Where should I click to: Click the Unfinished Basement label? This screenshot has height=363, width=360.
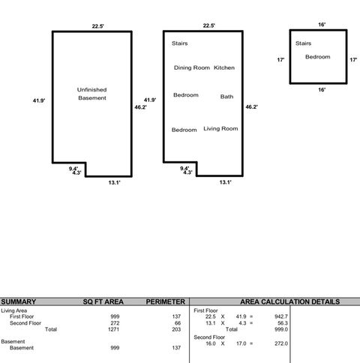[92, 94]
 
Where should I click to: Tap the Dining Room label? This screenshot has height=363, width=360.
[191, 68]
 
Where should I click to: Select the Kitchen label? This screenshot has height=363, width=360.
[224, 68]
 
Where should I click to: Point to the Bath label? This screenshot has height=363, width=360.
[226, 97]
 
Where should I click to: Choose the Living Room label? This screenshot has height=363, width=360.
[220, 129]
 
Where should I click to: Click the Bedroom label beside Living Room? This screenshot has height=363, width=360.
[184, 130]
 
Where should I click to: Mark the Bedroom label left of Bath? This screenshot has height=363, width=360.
[185, 95]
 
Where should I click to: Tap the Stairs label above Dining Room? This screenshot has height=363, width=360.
[179, 43]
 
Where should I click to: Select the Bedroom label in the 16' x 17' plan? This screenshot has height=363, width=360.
[317, 57]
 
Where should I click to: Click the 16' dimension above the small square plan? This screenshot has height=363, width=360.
[322, 24]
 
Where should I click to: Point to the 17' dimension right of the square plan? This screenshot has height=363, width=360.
[353, 59]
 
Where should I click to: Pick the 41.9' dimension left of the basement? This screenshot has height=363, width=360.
[39, 100]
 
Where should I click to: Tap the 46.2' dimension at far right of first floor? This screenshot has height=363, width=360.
[252, 107]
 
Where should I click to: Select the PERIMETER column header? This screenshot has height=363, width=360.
[166, 301]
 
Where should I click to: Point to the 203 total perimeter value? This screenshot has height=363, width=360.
[177, 328]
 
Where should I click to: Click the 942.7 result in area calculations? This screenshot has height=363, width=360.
[280, 316]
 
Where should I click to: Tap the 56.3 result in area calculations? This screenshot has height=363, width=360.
[282, 322]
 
